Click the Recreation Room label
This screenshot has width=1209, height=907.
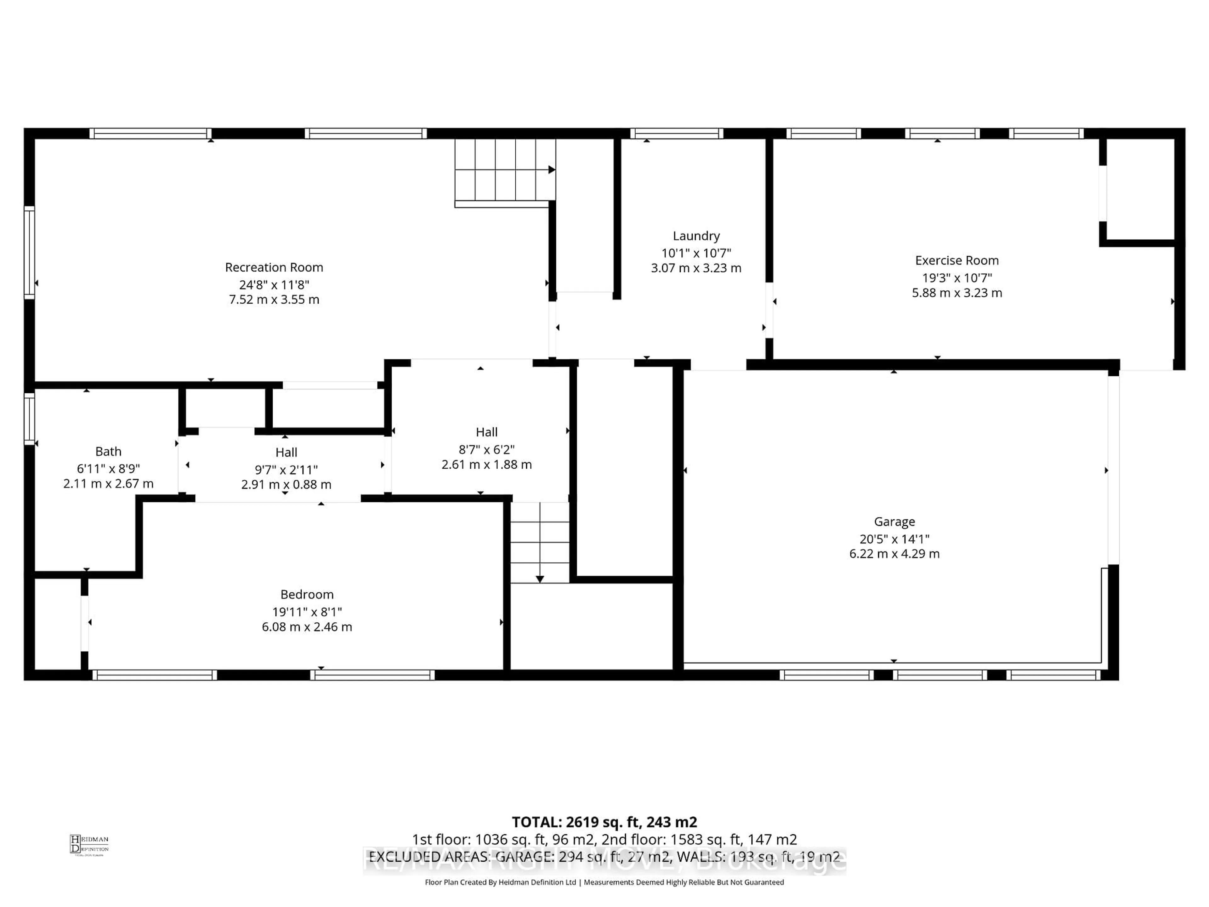[x=274, y=267]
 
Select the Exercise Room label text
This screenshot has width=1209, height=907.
[x=956, y=260]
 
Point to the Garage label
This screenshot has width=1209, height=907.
[x=894, y=522]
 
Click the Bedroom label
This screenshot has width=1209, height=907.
[x=307, y=594]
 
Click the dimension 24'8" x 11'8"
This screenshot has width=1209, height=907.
[x=274, y=284]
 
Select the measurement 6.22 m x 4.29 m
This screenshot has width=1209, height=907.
[x=894, y=554]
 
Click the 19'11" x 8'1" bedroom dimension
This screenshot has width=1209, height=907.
[x=307, y=612]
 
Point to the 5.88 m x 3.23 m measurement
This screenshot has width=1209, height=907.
[x=956, y=293]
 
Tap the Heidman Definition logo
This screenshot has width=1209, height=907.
[x=89, y=845]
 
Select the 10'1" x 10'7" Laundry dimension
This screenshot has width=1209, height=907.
[x=696, y=253]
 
